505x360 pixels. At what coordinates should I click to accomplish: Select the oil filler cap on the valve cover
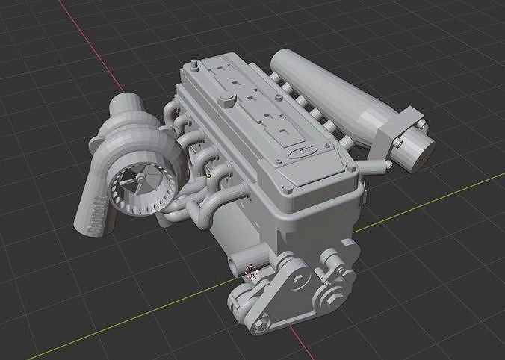click(x=226, y=100)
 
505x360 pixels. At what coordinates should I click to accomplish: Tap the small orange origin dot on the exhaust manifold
click(x=209, y=176)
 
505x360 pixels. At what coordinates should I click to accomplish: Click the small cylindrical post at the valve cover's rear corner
click(x=187, y=70)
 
